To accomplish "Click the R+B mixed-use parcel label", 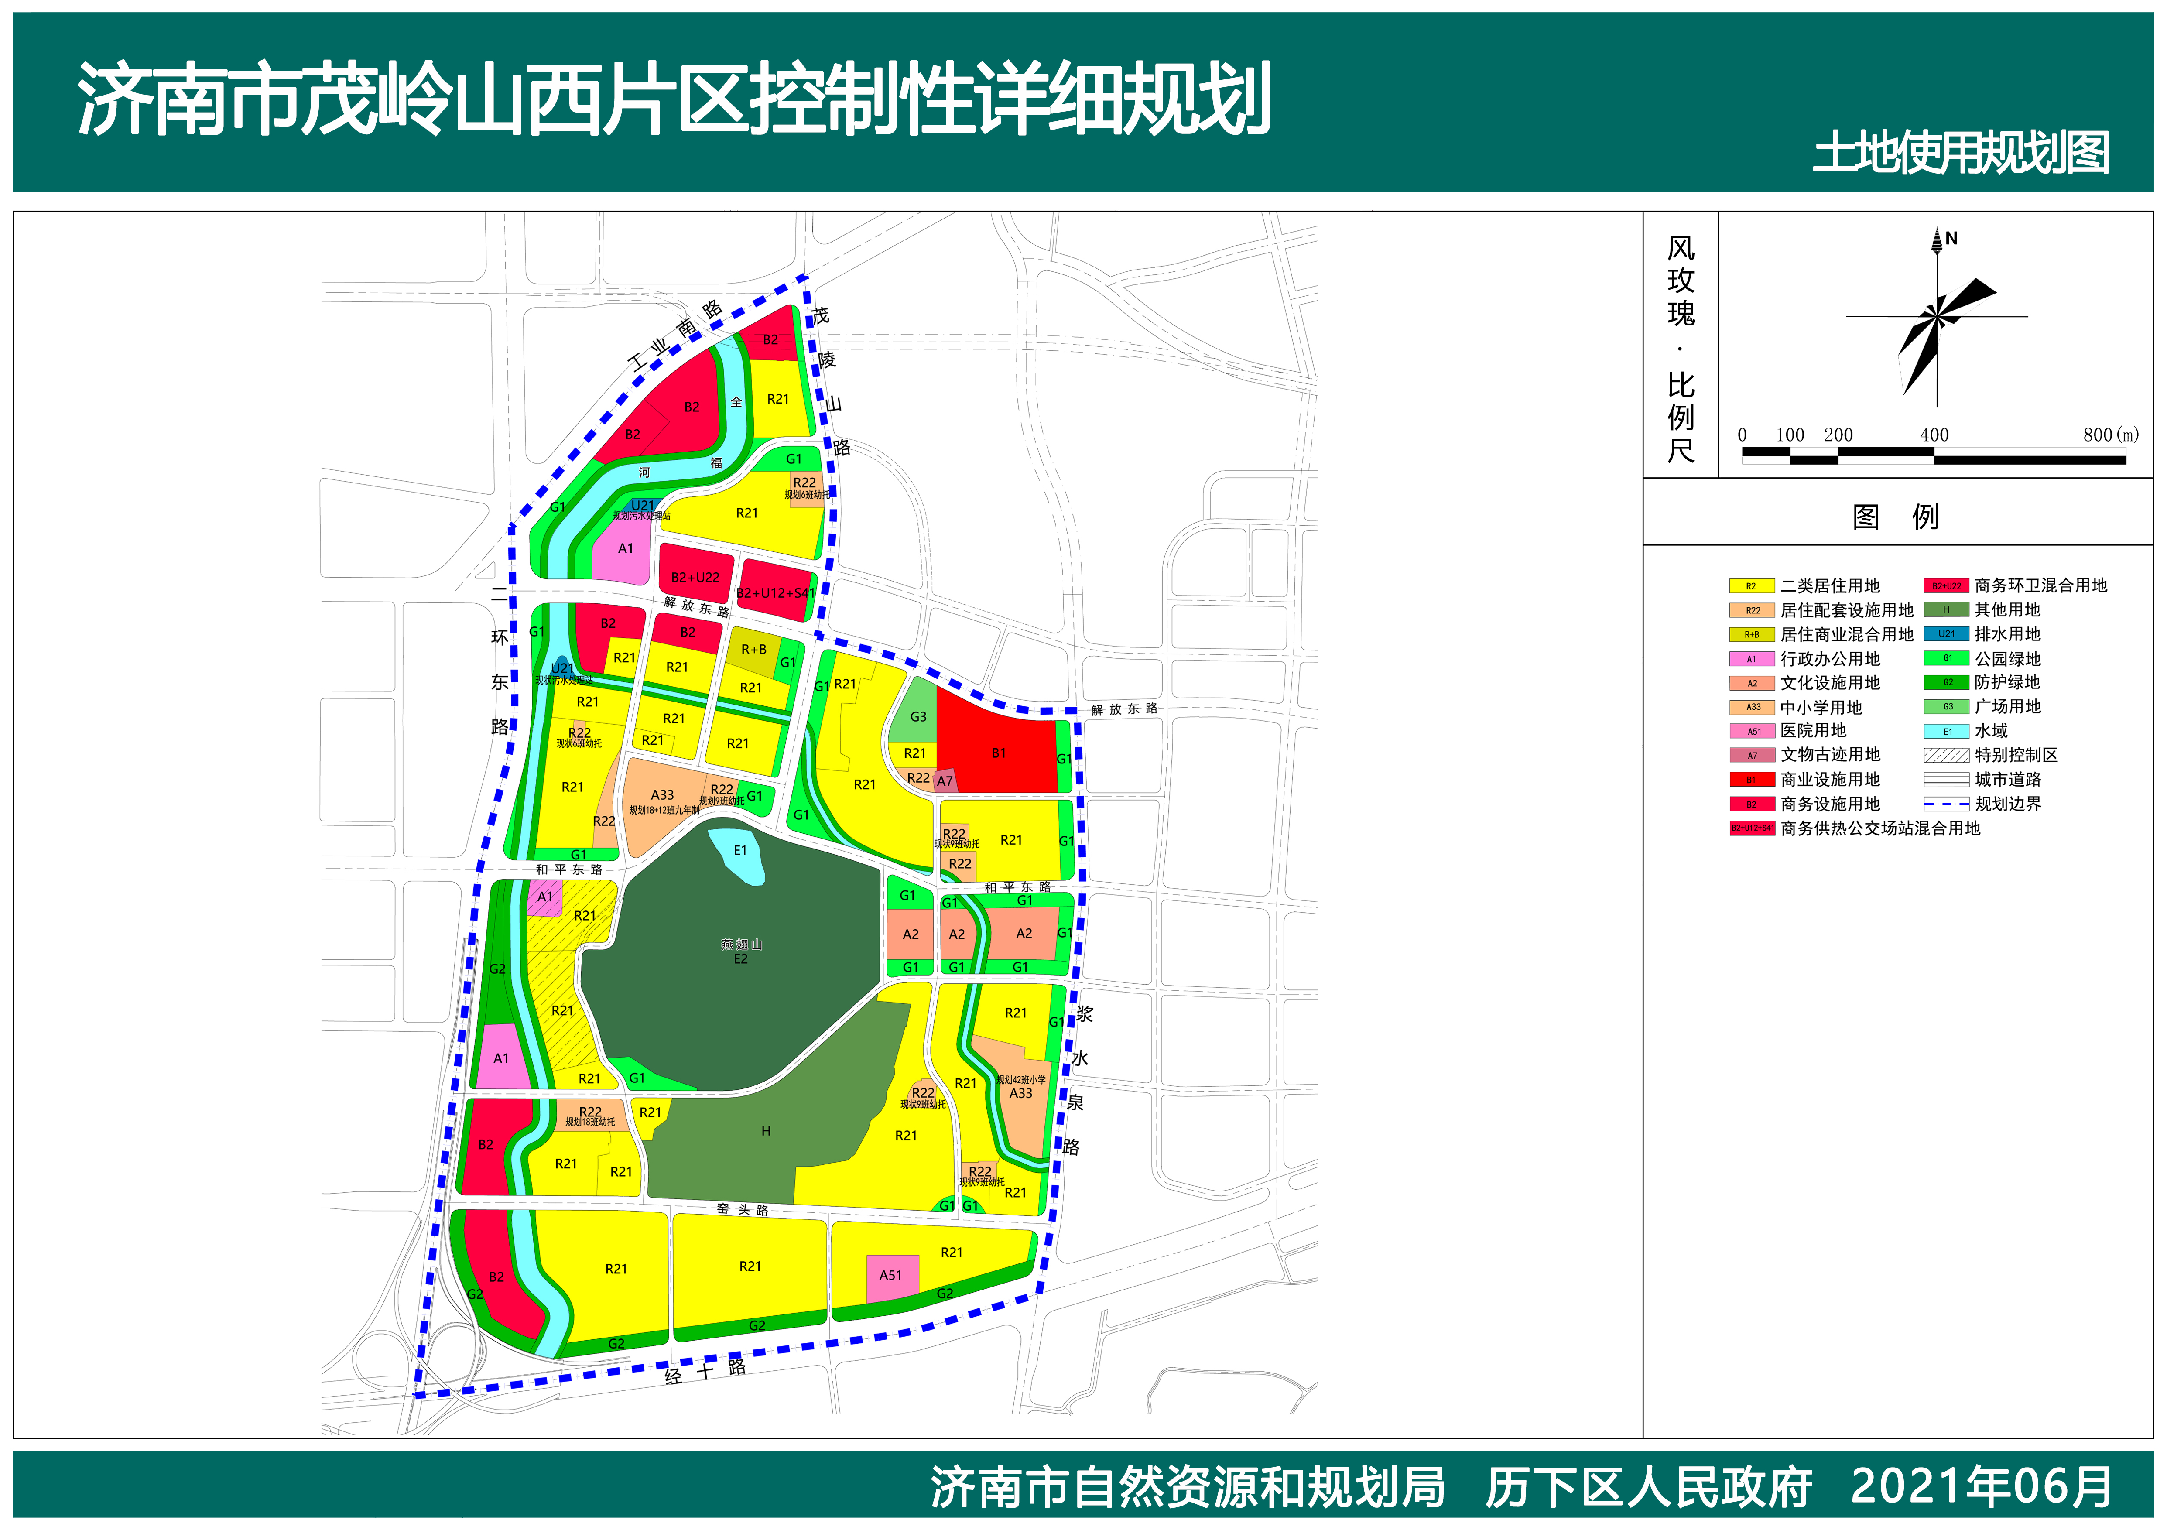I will (x=753, y=649).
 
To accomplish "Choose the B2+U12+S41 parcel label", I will (x=775, y=593).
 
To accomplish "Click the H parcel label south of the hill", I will (x=765, y=1131).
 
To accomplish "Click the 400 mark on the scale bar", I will (x=1934, y=435).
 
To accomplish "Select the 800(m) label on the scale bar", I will (x=2110, y=435).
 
